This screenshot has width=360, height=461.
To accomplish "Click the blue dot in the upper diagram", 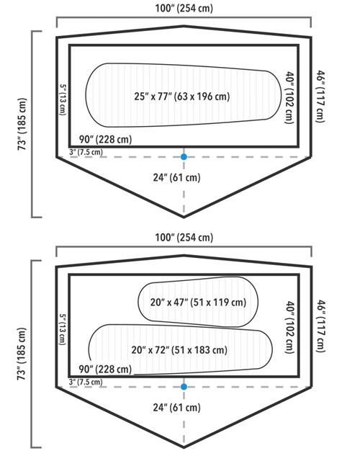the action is [184, 157].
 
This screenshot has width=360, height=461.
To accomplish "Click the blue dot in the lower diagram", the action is [184, 387].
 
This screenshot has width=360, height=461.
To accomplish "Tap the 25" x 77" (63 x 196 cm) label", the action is [182, 97].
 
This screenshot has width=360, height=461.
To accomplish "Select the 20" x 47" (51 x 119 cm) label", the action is [198, 303].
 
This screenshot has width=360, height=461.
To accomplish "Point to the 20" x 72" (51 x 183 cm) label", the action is [179, 350].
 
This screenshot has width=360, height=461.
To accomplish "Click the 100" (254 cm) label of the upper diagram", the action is [184, 8].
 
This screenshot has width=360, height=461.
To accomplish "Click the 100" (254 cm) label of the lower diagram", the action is [184, 237].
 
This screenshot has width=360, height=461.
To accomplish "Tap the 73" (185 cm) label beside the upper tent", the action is [22, 124].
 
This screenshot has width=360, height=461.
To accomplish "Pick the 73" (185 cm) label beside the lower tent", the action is [22, 354].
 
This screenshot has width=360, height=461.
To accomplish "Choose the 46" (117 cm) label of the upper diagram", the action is [320, 96].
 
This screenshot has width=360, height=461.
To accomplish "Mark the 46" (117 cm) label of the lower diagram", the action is [320, 326].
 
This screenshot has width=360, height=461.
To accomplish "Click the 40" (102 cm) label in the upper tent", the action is [289, 98].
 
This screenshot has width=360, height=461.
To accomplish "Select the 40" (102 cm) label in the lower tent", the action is [289, 327].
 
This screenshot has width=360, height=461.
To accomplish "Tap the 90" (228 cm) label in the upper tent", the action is [106, 139].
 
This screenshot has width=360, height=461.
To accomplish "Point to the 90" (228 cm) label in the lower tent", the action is [106, 369].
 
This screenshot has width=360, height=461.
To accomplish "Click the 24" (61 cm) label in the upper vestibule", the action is [176, 178].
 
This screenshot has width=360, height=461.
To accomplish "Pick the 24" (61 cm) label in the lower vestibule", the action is [176, 408].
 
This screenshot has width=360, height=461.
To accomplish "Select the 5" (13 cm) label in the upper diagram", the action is [63, 99].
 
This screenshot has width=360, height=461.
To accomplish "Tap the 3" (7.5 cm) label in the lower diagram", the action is [86, 382].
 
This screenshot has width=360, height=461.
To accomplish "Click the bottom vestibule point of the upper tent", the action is [184, 218].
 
